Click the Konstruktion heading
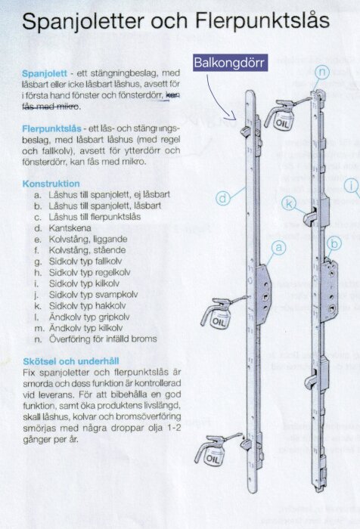[51, 184]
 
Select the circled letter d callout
[222, 198]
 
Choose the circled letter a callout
[278, 247]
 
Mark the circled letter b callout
[334, 243]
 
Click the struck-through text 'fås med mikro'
[53, 107]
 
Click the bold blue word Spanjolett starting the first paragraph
[45, 73]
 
